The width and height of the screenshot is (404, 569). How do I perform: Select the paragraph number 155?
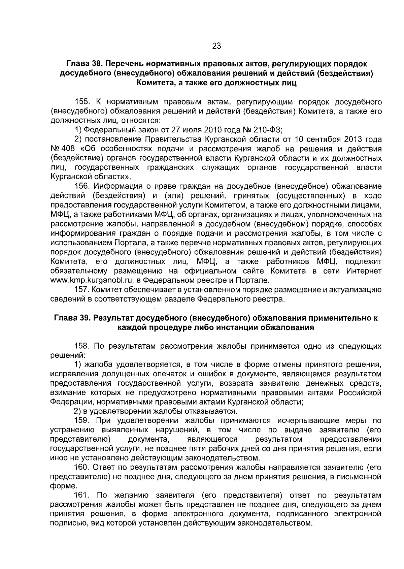click(81, 101)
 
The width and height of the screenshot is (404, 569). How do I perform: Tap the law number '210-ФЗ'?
click(269, 130)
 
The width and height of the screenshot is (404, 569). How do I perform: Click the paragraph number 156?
click(81, 186)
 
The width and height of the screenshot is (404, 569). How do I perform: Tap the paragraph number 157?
click(81, 290)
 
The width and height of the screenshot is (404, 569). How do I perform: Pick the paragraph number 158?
click(81, 346)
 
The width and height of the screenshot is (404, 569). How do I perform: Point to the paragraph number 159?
click(81, 420)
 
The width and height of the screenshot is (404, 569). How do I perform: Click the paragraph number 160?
click(81, 468)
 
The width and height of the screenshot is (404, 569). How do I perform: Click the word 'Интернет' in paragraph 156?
click(364, 271)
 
